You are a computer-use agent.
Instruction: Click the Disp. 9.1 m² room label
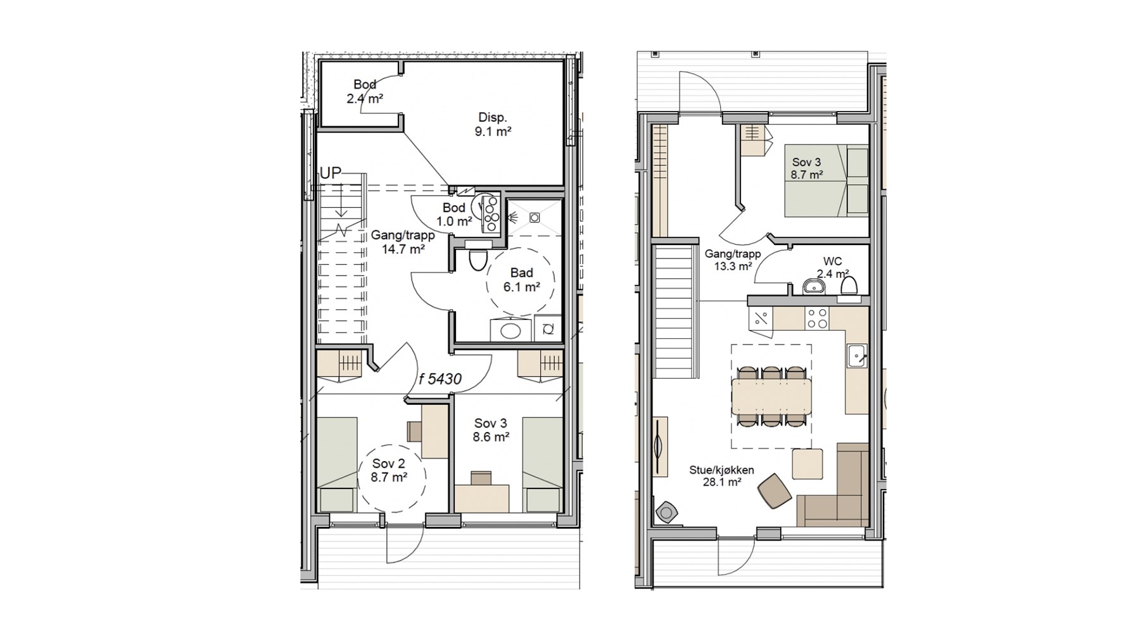(x=493, y=125)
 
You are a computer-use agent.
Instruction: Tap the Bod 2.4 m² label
(x=365, y=91)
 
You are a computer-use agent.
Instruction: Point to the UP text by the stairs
(x=331, y=173)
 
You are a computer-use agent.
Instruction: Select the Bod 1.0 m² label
(x=454, y=215)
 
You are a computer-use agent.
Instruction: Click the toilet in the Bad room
(x=478, y=259)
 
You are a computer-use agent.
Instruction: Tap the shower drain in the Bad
(x=535, y=218)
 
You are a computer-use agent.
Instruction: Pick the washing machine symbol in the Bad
(x=548, y=328)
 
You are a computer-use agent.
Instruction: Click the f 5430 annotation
(x=440, y=379)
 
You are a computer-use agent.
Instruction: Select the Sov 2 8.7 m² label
(x=389, y=471)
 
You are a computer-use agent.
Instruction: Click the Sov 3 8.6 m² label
(x=491, y=430)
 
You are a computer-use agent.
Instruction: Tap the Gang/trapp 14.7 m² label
(x=403, y=242)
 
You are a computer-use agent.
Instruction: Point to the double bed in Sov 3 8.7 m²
(x=826, y=181)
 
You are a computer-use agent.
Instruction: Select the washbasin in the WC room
(x=813, y=287)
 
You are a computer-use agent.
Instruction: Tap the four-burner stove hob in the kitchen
(x=818, y=318)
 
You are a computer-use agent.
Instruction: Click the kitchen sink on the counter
(x=858, y=356)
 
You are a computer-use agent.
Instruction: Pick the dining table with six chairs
(x=771, y=397)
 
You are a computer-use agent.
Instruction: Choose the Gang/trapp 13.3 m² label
(x=733, y=260)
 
